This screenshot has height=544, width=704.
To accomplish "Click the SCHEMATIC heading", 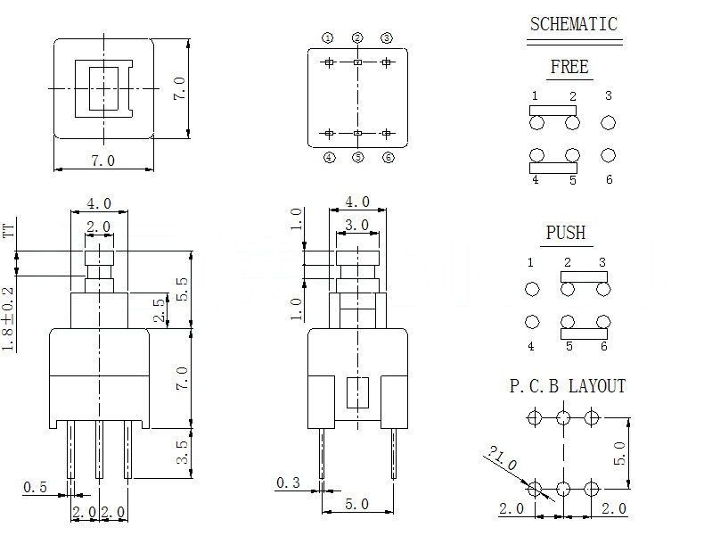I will [573, 24].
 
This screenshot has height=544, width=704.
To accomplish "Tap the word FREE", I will [569, 68].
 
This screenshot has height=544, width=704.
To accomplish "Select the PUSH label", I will [566, 234].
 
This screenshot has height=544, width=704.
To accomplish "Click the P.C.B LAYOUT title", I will [568, 386].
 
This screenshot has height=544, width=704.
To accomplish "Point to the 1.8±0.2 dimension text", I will [9, 318].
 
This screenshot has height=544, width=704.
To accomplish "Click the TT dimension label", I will [10, 231].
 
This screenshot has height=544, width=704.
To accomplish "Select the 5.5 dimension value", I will [182, 287].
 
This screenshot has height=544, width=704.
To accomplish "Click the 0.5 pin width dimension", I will [35, 487].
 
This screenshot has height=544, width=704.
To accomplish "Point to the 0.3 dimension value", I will [288, 482].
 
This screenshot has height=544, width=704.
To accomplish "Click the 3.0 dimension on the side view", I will [357, 226].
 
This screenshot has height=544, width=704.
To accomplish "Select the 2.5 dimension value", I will [160, 309].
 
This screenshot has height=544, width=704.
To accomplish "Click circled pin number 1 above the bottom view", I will [328, 38].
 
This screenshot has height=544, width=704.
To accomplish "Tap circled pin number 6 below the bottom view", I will [388, 158].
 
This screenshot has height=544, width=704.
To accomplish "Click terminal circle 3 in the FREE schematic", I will [609, 122].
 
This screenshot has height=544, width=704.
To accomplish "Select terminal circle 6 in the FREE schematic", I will [609, 155].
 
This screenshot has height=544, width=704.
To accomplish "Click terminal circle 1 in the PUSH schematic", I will [532, 289].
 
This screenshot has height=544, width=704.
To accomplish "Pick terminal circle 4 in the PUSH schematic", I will [532, 322].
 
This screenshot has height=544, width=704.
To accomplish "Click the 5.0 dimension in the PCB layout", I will [622, 454].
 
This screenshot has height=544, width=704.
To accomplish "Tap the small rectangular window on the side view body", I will [357, 392].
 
